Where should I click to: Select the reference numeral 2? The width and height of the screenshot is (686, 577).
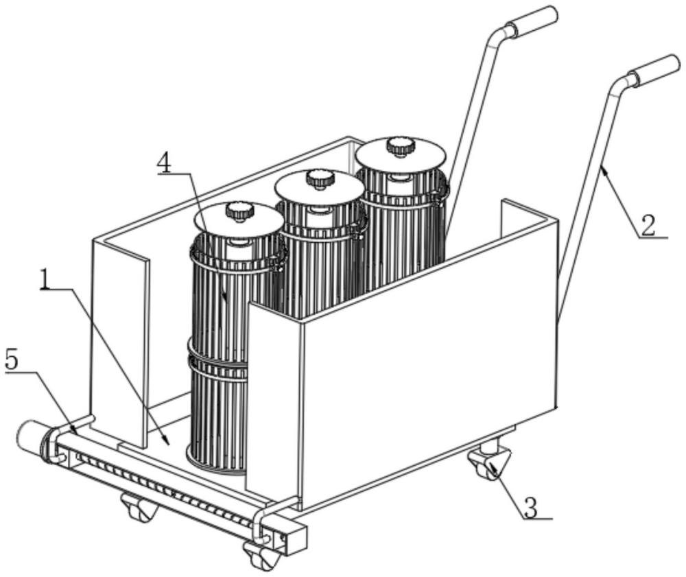648,225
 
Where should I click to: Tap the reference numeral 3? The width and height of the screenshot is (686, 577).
531,508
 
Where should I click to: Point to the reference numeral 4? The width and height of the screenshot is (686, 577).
165,163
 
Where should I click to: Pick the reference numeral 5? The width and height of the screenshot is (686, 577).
12,361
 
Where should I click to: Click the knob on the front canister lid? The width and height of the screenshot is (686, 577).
239,212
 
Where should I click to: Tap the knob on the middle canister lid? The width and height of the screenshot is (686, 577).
320,178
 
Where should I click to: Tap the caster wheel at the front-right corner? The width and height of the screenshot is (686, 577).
262,554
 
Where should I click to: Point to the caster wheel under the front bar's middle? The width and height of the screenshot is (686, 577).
139,508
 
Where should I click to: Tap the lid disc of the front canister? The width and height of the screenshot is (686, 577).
239,223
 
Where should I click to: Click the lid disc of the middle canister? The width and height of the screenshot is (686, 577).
320,189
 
